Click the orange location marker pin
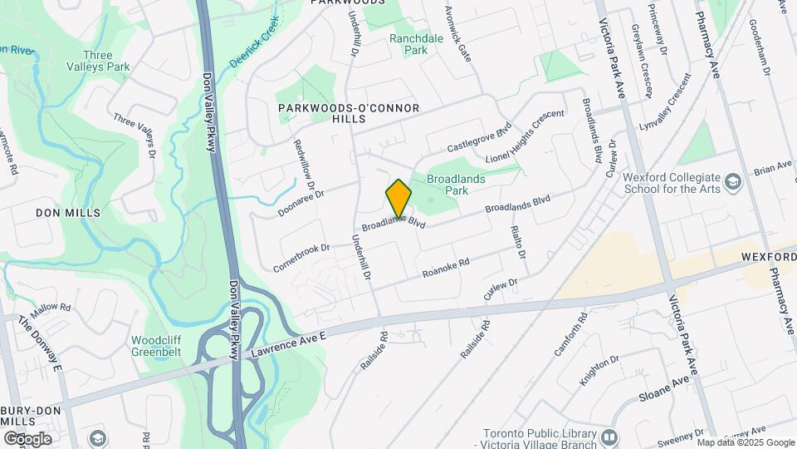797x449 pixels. [x=398, y=198]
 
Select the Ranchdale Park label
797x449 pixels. [x=409, y=44]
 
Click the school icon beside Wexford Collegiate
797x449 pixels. [x=732, y=181]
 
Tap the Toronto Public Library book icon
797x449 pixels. [x=610, y=437]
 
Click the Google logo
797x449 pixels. [x=27, y=439]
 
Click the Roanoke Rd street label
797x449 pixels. [x=446, y=268]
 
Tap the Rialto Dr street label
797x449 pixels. [x=521, y=241]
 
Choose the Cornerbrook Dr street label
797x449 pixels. [x=301, y=258]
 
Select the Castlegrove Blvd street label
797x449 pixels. [x=479, y=136]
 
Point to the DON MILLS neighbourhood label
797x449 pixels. [x=68, y=213]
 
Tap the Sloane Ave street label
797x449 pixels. [x=664, y=391]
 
